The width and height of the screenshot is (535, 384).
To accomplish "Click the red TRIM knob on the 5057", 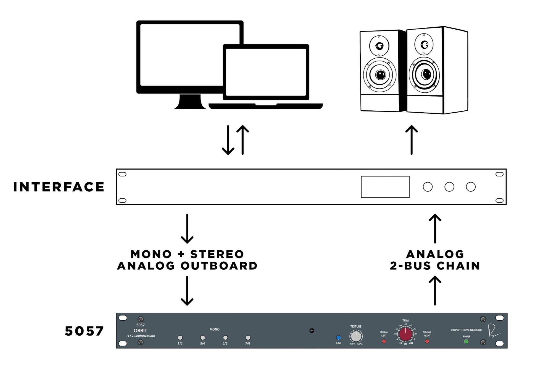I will (x=405, y=334).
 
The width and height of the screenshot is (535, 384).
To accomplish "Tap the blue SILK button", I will (x=338, y=338).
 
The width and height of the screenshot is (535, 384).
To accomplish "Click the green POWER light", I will (x=466, y=341).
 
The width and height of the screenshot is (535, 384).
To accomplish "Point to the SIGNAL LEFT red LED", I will (x=384, y=341).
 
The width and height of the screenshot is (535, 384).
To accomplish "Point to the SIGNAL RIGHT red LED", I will (x=427, y=341).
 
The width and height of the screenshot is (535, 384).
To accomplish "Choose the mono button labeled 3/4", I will (x=203, y=338).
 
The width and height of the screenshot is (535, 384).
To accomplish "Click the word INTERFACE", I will (x=59, y=187).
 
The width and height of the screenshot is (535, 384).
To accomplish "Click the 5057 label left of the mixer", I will (x=84, y=331).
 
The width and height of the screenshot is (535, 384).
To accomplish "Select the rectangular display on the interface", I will (x=385, y=187).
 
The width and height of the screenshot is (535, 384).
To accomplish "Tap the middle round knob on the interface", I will (x=449, y=187).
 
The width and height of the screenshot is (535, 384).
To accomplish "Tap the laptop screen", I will (x=266, y=72).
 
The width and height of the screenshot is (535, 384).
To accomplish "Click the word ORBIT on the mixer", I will (x=140, y=331).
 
